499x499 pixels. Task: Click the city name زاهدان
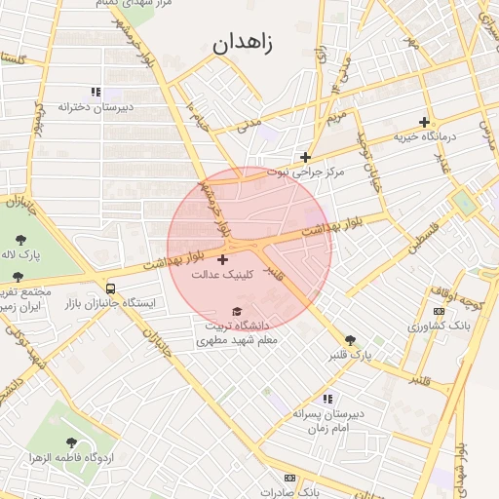243,43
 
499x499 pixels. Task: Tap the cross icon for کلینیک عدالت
223,259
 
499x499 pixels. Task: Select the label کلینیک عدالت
222,275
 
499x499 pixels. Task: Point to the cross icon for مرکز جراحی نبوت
306,156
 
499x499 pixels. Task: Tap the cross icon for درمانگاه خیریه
424,123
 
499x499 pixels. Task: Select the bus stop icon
110,289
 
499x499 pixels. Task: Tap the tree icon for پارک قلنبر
351,339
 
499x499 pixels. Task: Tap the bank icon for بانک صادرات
289,479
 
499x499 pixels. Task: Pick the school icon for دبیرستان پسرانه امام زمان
327,399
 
